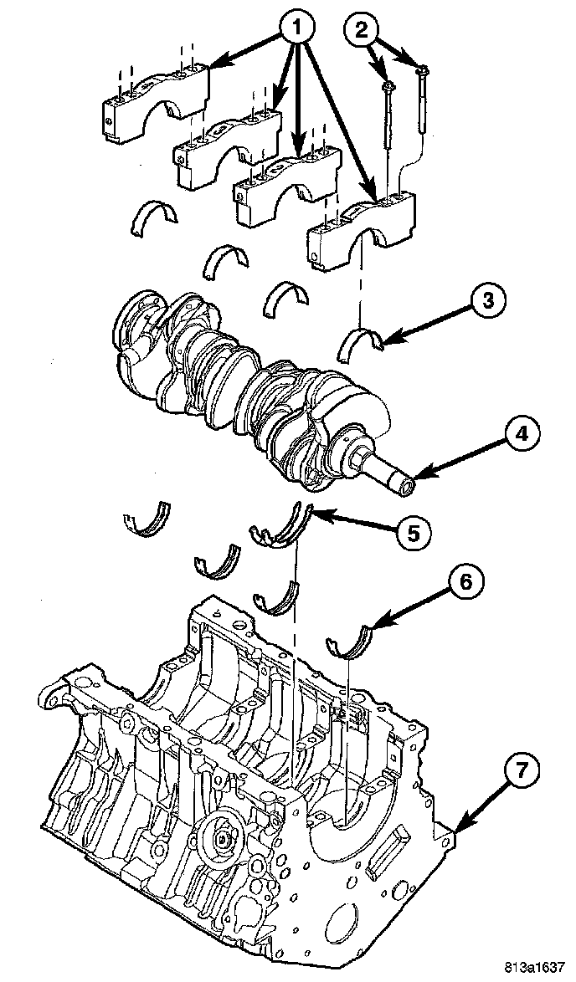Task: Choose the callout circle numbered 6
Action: [462, 583]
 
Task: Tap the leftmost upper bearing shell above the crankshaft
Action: [153, 217]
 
